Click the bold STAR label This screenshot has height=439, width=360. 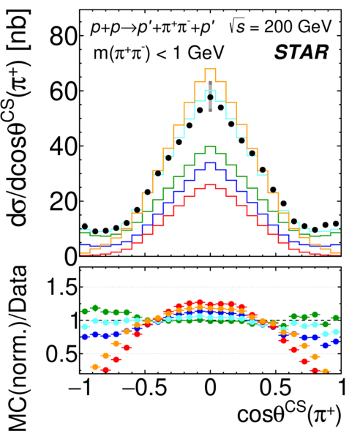301,52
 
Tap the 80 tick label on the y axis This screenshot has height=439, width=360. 63,37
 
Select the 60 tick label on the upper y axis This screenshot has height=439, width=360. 63,91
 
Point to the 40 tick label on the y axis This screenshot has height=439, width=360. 63,147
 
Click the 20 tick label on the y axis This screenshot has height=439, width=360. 63,202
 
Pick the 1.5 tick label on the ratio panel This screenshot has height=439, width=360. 62,287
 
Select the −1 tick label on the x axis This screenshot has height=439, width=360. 80,388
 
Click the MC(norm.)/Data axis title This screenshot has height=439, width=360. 18,348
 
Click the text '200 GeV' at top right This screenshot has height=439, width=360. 298,27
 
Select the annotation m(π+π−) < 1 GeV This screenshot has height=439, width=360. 159,53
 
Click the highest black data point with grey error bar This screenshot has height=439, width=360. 211,97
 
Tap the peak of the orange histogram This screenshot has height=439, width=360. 211,69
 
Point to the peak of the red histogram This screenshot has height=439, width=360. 211,184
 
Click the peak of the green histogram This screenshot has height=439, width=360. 211,146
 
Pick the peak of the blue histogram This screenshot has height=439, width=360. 211,162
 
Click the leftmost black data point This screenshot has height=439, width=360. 85,227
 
